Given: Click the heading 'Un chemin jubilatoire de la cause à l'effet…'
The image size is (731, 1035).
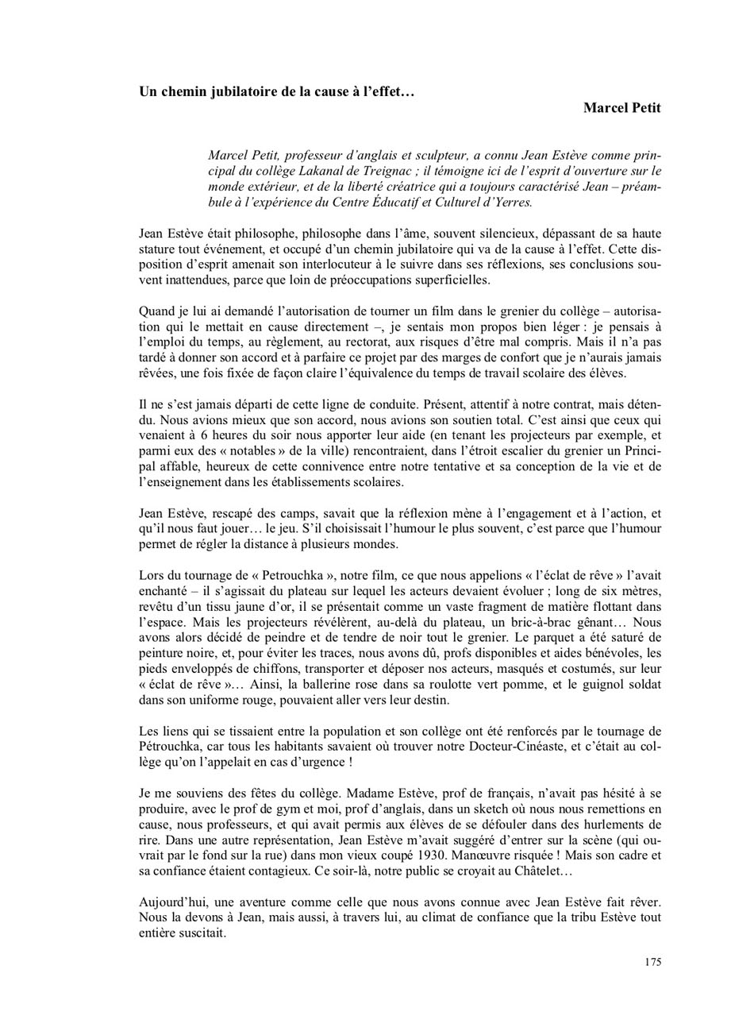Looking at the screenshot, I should [x=277, y=91].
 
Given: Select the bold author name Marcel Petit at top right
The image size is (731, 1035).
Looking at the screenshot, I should [x=621, y=108].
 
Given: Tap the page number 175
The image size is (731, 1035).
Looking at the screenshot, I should [x=652, y=963].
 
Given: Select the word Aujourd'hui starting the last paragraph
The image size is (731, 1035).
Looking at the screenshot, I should [x=171, y=902].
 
